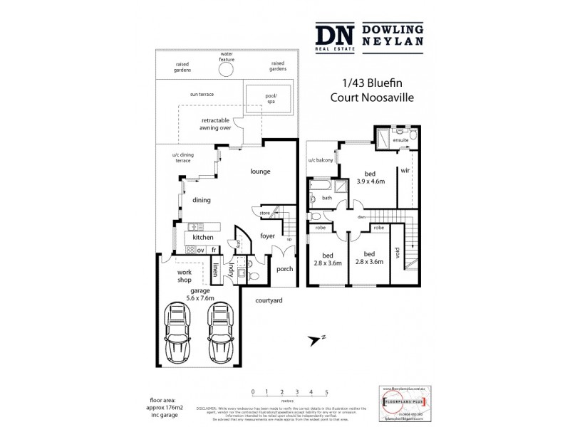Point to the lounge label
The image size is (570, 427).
[x=260, y=172]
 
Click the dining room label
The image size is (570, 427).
[x=202, y=201]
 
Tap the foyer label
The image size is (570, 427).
[x=267, y=236]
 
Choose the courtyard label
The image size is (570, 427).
[x=269, y=300]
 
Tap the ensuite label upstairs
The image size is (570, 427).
[x=401, y=141]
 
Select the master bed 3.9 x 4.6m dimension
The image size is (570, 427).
[x=370, y=181]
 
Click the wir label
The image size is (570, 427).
[x=404, y=171]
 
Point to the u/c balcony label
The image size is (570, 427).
[x=321, y=161]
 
